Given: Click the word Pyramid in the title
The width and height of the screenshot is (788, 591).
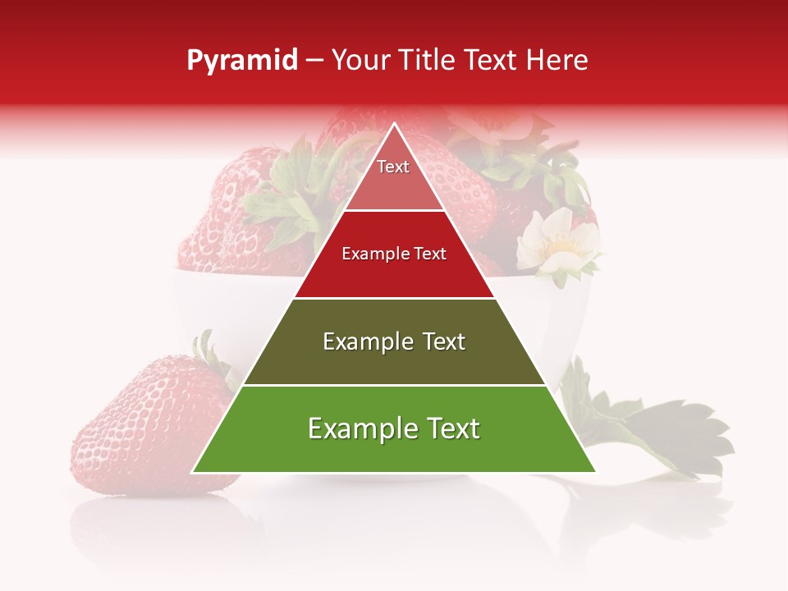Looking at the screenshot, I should (x=241, y=61).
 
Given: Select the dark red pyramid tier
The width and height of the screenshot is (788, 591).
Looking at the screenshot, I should (x=394, y=271).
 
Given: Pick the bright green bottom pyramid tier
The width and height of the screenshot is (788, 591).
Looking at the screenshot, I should (x=394, y=447).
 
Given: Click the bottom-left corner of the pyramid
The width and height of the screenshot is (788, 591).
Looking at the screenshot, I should (x=194, y=472).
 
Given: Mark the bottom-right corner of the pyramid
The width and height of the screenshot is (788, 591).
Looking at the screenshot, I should (x=595, y=472).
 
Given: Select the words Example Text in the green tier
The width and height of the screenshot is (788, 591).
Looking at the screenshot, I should (x=394, y=428).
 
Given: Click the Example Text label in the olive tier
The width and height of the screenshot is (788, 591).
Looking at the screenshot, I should (x=394, y=341).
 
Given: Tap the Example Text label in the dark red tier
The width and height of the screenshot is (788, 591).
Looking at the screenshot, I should (x=394, y=254).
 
